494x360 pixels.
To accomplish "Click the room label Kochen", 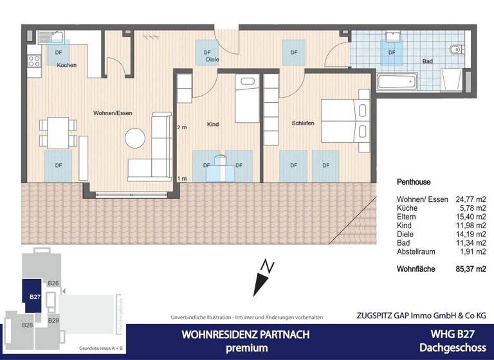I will tap(67, 66).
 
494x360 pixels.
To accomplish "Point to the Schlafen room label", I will tap(302, 123).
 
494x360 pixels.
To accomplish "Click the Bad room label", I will tap(427, 62).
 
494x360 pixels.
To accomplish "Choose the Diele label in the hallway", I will tap(212, 60).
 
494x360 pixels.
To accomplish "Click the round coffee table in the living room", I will tap(136, 138).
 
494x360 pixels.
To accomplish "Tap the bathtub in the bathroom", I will tap(397, 82).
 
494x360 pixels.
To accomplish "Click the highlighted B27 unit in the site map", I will tap(35, 296).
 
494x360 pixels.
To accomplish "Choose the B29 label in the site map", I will tap(53, 320).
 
